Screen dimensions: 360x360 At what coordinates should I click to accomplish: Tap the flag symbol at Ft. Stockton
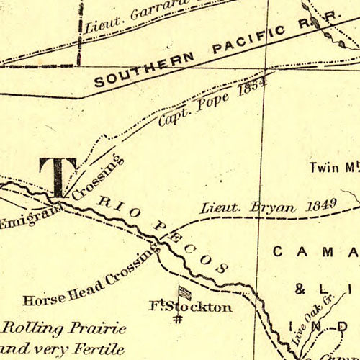pos(185,294)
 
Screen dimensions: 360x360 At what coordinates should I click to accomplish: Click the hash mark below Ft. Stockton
pos(176,320)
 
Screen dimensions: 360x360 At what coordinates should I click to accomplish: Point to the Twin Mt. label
pos(333,168)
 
